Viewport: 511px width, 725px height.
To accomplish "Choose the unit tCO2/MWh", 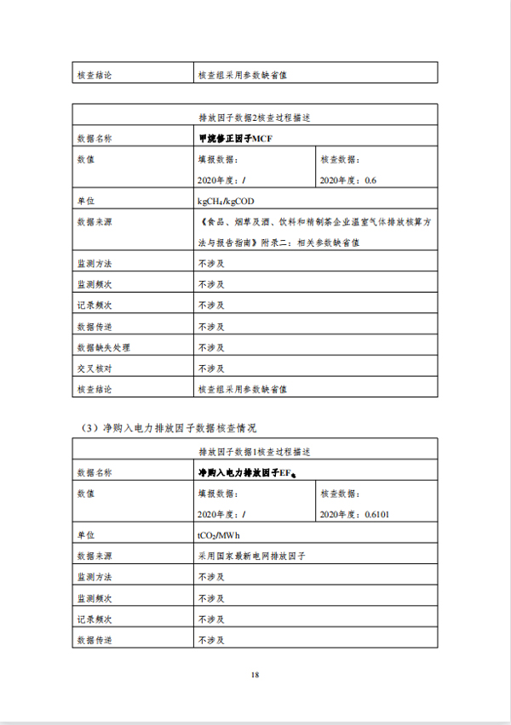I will [219, 534].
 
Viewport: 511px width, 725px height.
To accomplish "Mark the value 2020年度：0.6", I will [347, 180].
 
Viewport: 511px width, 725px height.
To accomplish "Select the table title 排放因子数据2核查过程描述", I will [255, 116].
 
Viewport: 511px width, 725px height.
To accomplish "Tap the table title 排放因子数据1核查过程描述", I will [255, 450].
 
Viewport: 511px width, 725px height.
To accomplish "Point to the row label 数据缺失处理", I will [103, 347].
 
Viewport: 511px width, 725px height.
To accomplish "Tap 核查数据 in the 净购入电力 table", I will [341, 493].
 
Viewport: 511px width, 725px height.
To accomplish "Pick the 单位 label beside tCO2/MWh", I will [85, 534].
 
